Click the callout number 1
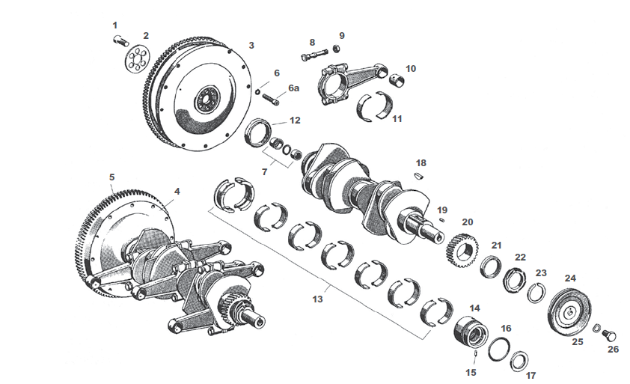[115, 25]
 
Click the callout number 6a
[293, 88]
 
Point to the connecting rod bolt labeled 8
[314, 55]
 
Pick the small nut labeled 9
[337, 49]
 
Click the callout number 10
[411, 68]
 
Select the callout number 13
[316, 298]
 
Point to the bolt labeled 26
[607, 334]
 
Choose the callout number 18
[420, 162]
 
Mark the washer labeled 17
[516, 364]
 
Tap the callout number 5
[111, 177]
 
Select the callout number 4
[177, 191]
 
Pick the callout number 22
[520, 257]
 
